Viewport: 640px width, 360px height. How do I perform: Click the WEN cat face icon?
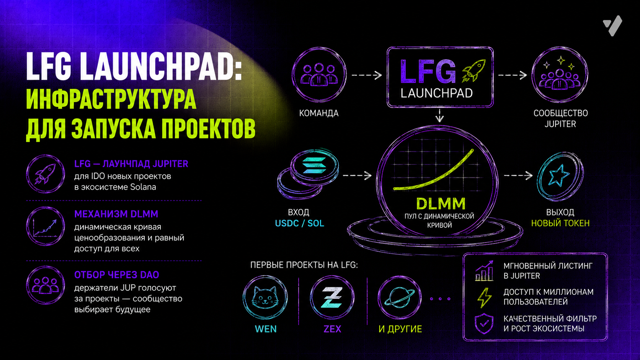(x=265, y=298)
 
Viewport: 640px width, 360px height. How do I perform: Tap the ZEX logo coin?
(x=332, y=298)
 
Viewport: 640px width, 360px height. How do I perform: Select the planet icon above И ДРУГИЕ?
(x=400, y=298)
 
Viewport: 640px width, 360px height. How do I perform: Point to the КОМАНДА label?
(x=319, y=113)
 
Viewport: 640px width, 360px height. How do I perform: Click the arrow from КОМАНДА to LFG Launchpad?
(x=367, y=75)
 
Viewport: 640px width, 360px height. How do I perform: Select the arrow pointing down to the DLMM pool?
(x=440, y=115)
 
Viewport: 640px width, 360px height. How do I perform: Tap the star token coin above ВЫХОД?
(x=560, y=176)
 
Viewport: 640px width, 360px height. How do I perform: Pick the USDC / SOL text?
(x=299, y=223)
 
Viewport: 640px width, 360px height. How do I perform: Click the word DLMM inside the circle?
(x=441, y=204)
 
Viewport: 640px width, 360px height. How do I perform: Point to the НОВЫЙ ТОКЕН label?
(x=560, y=223)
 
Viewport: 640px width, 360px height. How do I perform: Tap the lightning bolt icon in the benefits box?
(x=485, y=298)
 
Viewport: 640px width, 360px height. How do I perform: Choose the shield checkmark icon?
(x=484, y=323)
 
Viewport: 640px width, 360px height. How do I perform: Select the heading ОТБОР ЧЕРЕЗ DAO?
(x=117, y=275)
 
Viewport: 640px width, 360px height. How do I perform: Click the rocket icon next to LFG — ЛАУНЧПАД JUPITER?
(x=46, y=174)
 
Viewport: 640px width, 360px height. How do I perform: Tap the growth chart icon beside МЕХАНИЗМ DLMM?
(x=46, y=226)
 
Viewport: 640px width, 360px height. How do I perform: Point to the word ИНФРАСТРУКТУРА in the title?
(x=111, y=99)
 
